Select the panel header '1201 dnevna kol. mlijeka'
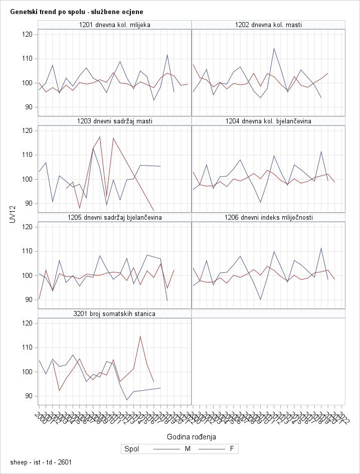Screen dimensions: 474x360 click(115, 25)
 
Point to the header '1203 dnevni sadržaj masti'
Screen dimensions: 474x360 click(115, 121)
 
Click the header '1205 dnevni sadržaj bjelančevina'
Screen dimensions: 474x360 click(115, 217)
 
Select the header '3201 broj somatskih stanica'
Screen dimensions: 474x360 click(115, 313)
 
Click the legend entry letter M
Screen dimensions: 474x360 click(188, 449)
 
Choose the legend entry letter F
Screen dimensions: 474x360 click(232, 449)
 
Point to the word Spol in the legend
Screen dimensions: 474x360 click(132, 449)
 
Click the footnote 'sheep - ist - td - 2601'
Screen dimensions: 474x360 click(41, 461)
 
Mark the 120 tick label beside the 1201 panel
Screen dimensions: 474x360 click(27, 34)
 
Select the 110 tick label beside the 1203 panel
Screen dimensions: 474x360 click(27, 154)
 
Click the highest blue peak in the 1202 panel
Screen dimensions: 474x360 click(274, 48)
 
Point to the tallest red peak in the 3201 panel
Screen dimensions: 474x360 click(140, 336)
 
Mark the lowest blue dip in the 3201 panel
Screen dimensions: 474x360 click(127, 400)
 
